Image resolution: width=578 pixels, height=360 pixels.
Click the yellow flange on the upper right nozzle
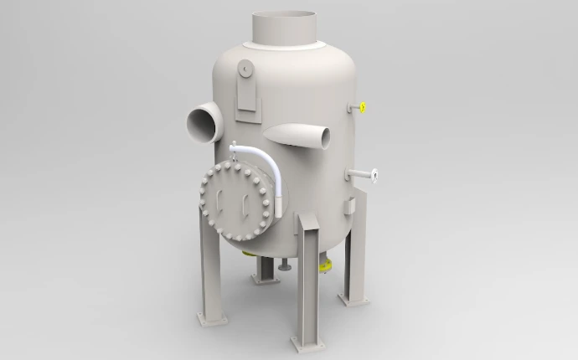362,107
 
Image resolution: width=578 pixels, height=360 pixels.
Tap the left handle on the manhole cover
219,201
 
